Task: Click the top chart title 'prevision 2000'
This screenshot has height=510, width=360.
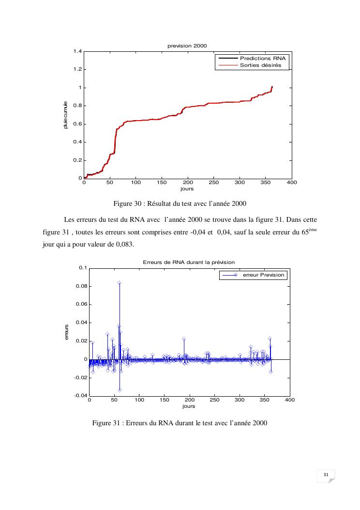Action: point(187,46)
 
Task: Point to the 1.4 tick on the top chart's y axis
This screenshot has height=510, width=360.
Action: point(77,51)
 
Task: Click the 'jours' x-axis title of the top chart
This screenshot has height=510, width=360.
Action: point(187,189)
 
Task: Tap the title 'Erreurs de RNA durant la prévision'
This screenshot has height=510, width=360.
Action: point(189,262)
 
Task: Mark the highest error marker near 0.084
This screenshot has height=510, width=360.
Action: point(119,283)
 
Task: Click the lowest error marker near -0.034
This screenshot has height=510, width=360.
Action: point(120,390)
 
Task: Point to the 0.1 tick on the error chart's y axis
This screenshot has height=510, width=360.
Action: point(83,268)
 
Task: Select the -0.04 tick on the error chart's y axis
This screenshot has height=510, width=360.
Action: point(80,396)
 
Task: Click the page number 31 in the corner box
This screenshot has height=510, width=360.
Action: point(326,476)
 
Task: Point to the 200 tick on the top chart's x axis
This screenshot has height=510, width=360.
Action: point(188,183)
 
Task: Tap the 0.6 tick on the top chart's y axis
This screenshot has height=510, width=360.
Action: point(77,124)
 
